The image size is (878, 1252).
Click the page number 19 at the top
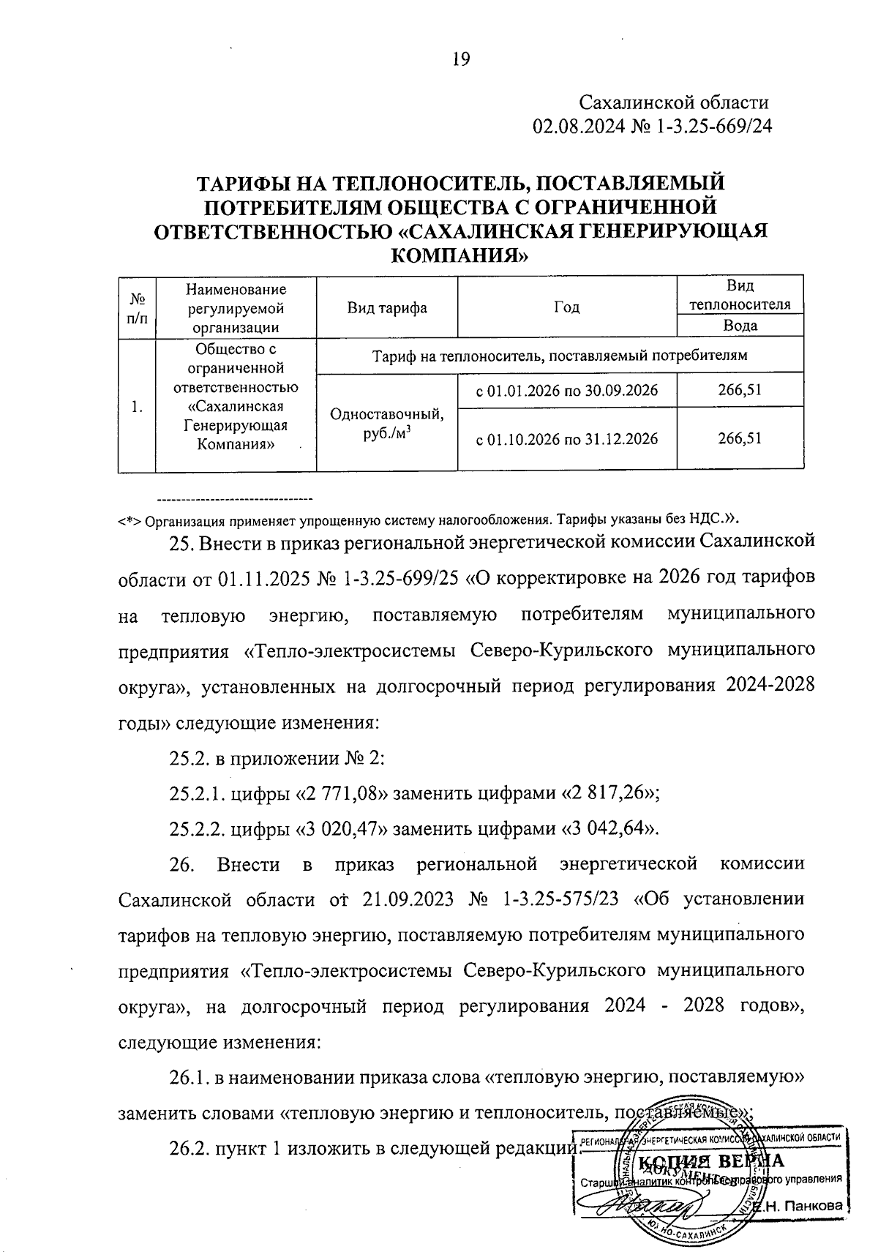460,59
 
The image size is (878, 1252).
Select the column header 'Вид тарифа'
387,307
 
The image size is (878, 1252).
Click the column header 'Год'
567,307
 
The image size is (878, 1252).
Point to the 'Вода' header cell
740,326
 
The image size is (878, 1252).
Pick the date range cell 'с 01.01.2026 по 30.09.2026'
567,391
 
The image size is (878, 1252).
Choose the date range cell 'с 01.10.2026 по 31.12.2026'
567,438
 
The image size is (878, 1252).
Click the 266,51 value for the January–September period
740,391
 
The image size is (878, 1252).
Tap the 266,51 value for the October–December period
740,438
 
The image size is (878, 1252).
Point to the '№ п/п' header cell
137,308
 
